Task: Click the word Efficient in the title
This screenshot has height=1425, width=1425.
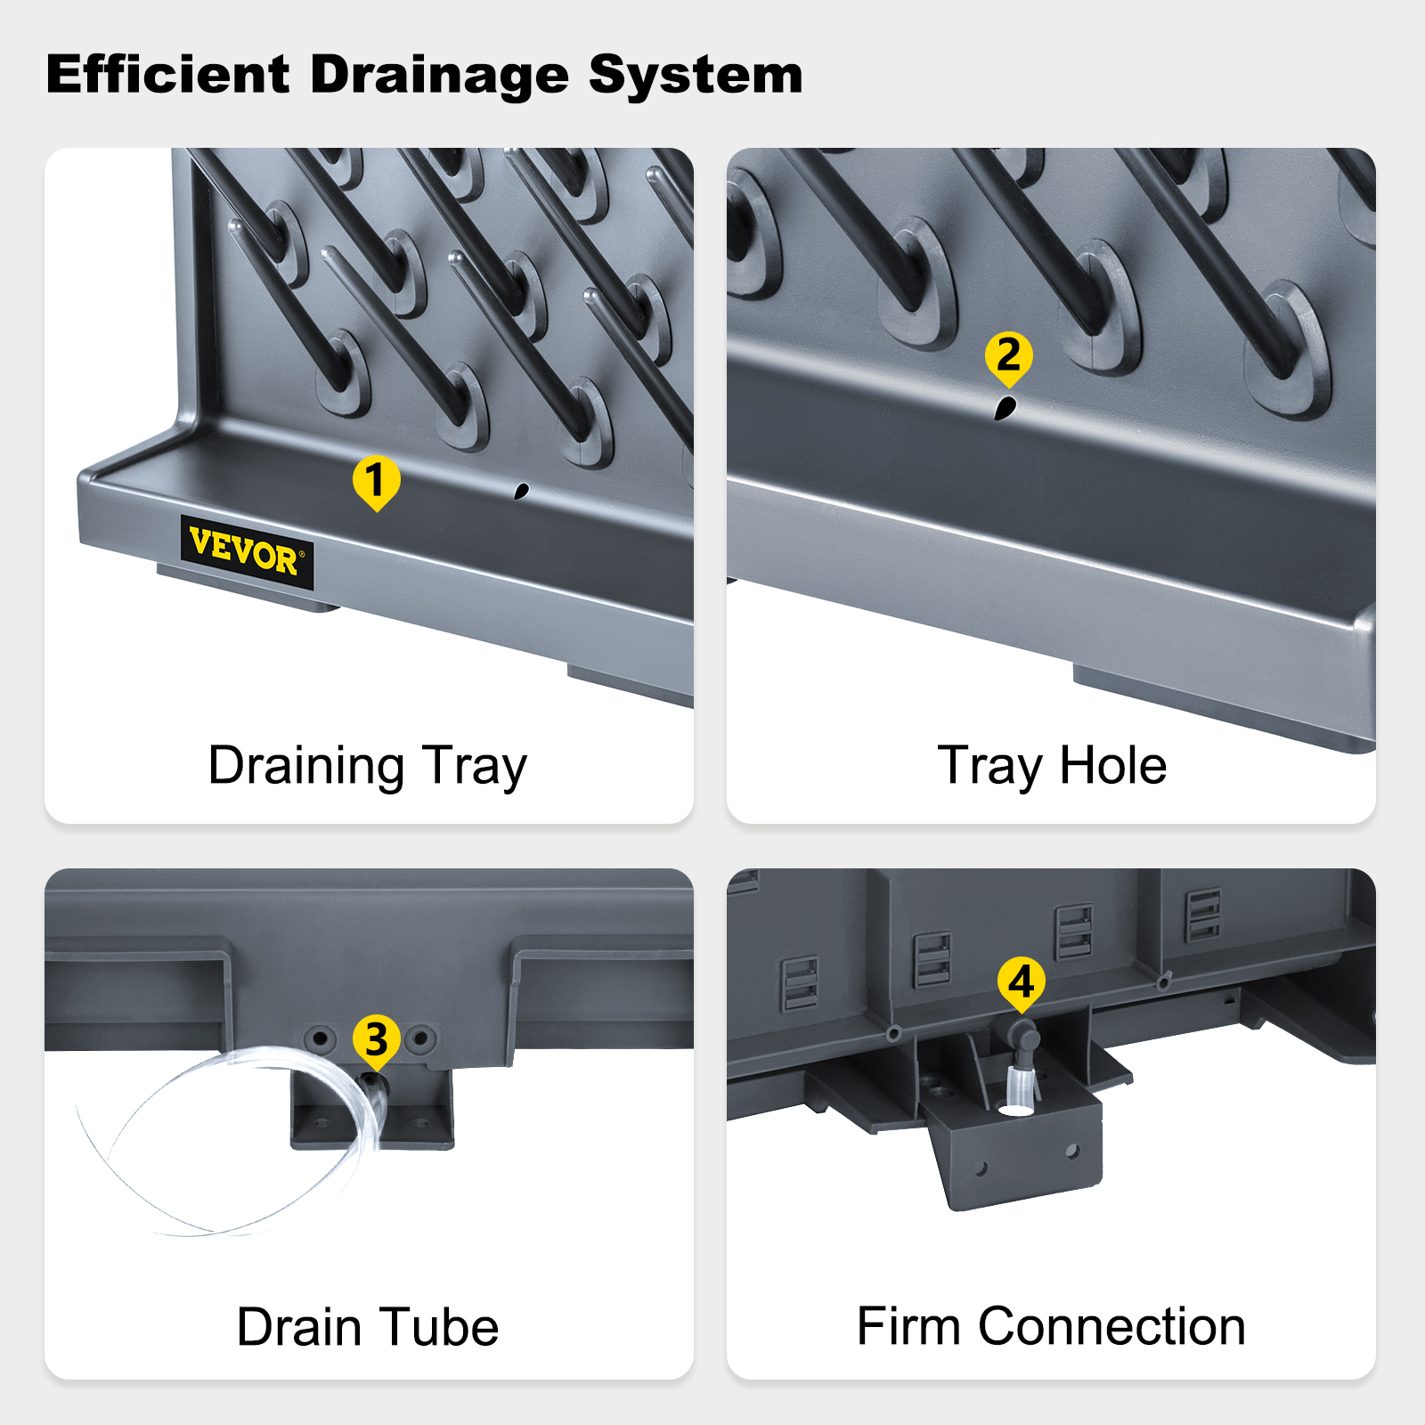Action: click(x=167, y=74)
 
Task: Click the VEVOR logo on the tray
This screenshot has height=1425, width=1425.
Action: click(x=247, y=552)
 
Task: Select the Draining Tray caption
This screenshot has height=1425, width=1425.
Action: click(x=367, y=767)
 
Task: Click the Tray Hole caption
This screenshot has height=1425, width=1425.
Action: click(x=1052, y=767)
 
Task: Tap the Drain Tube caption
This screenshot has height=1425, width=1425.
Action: click(x=367, y=1327)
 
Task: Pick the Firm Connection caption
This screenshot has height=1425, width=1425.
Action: click(x=1051, y=1326)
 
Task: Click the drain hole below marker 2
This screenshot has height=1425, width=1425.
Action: click(x=1005, y=408)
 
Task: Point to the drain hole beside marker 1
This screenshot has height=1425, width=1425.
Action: click(x=521, y=490)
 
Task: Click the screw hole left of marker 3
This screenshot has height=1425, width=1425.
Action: click(x=320, y=1038)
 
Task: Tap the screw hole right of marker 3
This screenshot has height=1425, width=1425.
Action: click(x=420, y=1038)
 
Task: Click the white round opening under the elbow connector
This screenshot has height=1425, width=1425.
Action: click(x=1015, y=1110)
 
